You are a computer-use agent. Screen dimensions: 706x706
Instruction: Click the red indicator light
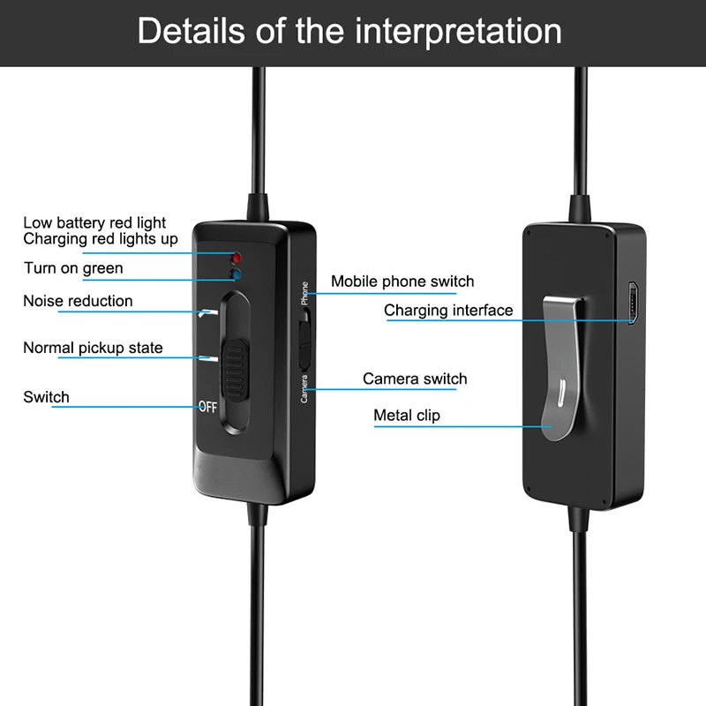coord(236,259)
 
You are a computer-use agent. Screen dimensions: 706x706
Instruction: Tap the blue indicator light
coord(236,274)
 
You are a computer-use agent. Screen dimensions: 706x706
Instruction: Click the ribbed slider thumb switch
coord(235,371)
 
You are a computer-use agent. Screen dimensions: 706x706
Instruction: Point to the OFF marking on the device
coord(207,407)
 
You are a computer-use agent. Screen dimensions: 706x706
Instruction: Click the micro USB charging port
coord(633,303)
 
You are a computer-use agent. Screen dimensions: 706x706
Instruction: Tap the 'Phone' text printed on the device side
coord(304,293)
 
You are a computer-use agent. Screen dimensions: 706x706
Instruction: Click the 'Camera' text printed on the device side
coord(304,389)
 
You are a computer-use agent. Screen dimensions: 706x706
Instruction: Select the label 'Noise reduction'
coord(78,301)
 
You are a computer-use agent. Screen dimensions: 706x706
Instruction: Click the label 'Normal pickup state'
coord(93,348)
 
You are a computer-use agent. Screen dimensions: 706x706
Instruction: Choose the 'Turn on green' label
coord(73,268)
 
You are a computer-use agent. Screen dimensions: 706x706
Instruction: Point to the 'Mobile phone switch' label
coord(402,282)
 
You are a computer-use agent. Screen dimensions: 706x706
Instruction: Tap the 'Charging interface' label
coord(448,311)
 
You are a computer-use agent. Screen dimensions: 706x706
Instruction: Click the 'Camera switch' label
coord(415,379)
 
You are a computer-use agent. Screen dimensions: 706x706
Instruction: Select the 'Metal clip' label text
coord(407,415)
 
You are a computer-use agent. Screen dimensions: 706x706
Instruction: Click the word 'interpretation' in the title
coord(458,32)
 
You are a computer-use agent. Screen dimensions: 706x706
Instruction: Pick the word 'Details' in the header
coord(192,31)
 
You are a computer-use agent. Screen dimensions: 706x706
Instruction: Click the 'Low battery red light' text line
coord(94,222)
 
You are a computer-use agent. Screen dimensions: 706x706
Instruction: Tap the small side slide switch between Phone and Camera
coord(305,339)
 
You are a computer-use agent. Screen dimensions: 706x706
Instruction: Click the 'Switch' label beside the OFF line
coord(47,397)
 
